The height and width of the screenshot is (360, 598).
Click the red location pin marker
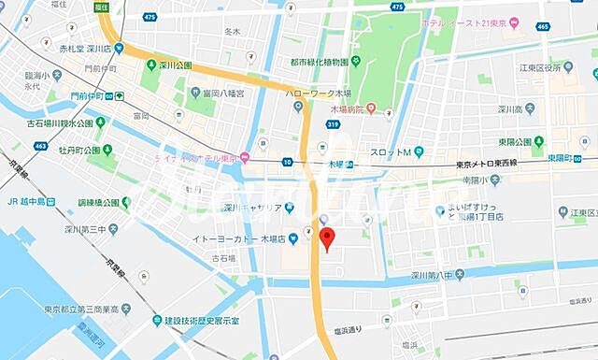click(x=326, y=239)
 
